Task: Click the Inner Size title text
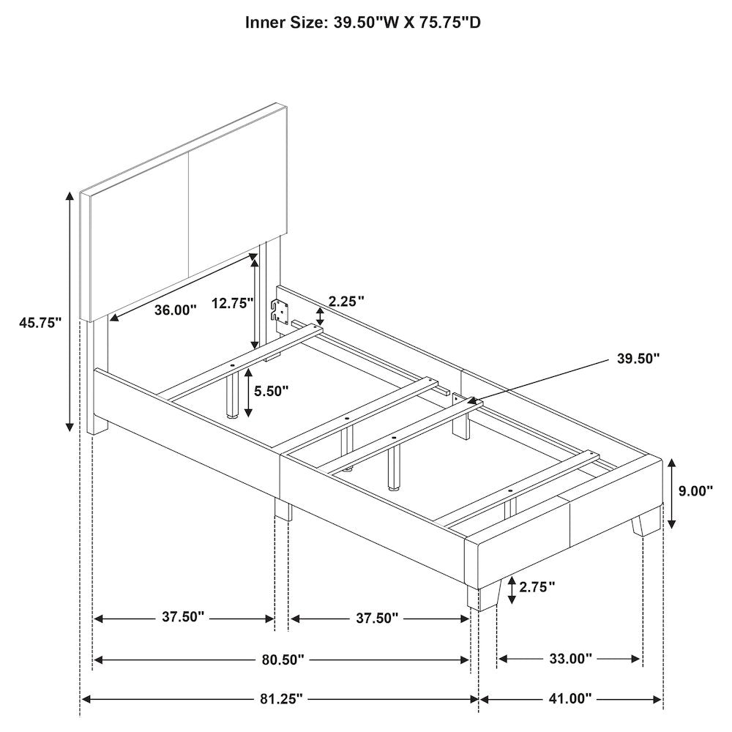click(363, 22)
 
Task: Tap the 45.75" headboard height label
click(40, 323)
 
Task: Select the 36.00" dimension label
click(176, 310)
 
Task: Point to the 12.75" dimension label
click(233, 303)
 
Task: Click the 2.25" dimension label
click(346, 301)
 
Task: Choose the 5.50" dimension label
click(272, 391)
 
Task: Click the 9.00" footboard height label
click(695, 490)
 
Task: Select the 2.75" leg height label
click(537, 587)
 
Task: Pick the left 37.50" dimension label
click(184, 616)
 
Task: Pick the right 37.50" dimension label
click(377, 618)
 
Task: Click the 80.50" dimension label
click(283, 660)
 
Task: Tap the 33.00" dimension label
click(570, 659)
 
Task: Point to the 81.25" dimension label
click(282, 699)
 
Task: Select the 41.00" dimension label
click(570, 699)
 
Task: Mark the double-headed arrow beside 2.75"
click(512, 590)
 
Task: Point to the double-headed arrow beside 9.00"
click(672, 493)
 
